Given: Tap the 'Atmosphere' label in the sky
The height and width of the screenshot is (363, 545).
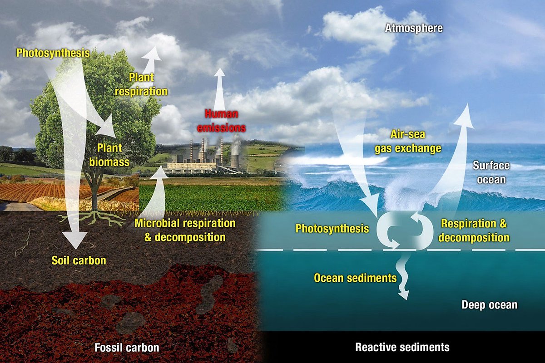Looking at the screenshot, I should coord(414,28).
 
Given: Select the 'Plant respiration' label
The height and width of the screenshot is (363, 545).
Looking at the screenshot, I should coord(141,84).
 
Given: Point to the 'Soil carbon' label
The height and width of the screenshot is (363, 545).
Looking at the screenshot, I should coord(79,261).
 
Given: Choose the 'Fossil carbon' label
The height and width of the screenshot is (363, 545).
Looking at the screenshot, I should coord(127,348).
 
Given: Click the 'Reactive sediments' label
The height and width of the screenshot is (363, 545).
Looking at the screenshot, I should coord(402,348).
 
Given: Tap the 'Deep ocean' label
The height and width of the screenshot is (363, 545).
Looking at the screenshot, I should coord(489,304).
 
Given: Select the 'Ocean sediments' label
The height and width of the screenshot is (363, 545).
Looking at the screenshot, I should coord(355,278).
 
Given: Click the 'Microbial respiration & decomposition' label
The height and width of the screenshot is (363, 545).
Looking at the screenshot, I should coord(185,230).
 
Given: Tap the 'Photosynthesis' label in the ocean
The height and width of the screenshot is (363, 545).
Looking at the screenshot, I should coord(332,228).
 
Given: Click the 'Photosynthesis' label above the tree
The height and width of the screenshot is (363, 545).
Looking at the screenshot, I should coord(53,53).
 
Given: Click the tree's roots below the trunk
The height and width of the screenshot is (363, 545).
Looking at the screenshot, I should coord(94,218).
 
